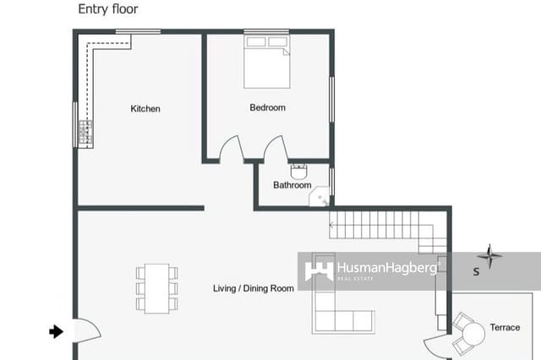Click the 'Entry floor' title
[108, 9]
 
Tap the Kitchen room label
[145, 109]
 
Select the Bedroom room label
[267, 108]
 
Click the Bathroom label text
[292, 185]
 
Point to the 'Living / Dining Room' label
[253, 289]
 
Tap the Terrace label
[505, 327]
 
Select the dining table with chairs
[156, 288]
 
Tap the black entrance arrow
[57, 332]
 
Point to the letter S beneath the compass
[476, 272]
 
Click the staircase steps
[380, 225]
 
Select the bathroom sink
[298, 168]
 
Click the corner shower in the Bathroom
[321, 198]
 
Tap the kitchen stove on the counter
[85, 132]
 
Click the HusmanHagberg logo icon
[318, 270]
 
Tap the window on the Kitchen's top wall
[138, 32]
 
